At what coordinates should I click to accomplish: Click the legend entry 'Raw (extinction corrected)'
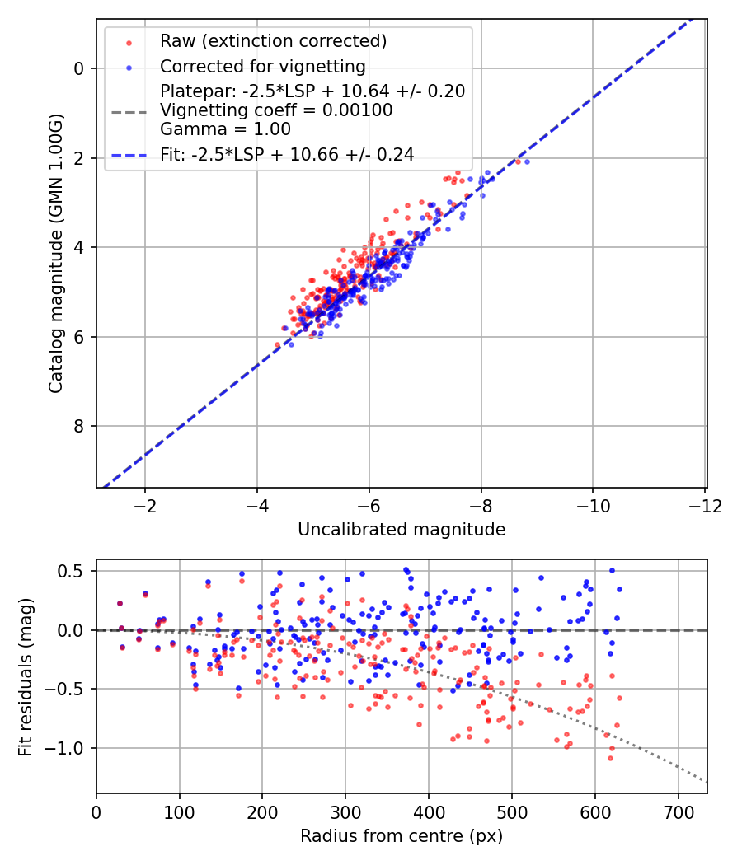coord(273,41)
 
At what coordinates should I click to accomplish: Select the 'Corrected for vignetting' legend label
coord(263,66)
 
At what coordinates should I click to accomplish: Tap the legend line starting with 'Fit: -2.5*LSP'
coord(287,154)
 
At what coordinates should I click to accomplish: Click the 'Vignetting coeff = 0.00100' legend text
coord(276,110)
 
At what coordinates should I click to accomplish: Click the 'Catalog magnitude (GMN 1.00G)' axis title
coord(56,254)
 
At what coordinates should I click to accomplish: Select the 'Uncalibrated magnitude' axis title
coord(402,529)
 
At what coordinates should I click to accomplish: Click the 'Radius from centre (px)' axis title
coord(402,836)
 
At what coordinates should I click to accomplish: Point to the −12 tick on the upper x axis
coord(705,504)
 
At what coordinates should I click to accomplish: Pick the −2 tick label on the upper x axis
coord(145,504)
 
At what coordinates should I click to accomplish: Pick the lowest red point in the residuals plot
coord(610,758)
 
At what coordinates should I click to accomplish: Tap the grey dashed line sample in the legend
coord(129,110)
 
